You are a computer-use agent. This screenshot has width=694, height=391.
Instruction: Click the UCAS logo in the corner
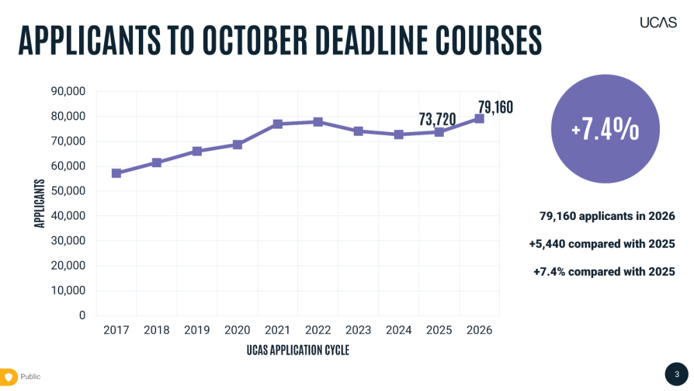658,23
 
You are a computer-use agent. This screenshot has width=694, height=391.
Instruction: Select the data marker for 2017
116,173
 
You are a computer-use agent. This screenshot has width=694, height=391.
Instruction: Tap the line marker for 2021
278,123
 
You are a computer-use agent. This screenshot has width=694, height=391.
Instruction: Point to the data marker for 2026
479,118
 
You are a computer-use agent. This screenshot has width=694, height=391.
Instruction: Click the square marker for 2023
359,131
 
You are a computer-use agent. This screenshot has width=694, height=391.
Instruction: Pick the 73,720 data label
437,119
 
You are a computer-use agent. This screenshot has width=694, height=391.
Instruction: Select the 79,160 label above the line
495,107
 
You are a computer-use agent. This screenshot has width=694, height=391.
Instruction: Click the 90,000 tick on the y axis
68,91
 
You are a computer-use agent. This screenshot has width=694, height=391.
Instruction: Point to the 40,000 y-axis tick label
68,216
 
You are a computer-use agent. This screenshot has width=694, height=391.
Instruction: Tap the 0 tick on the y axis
82,315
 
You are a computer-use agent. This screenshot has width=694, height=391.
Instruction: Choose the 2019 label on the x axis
197,330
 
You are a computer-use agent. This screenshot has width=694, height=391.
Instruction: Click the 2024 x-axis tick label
398,330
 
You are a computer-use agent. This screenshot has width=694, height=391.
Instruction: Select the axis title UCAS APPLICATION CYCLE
298,350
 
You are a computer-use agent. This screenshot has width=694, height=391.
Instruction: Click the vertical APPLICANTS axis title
40,203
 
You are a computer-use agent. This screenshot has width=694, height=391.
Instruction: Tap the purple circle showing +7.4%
605,129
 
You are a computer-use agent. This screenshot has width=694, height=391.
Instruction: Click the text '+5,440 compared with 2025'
602,244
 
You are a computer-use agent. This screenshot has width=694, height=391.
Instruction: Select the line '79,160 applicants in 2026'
607,216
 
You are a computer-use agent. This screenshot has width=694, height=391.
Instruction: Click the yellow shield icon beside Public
9,376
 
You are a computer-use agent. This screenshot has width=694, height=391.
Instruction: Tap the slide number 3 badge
676,374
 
